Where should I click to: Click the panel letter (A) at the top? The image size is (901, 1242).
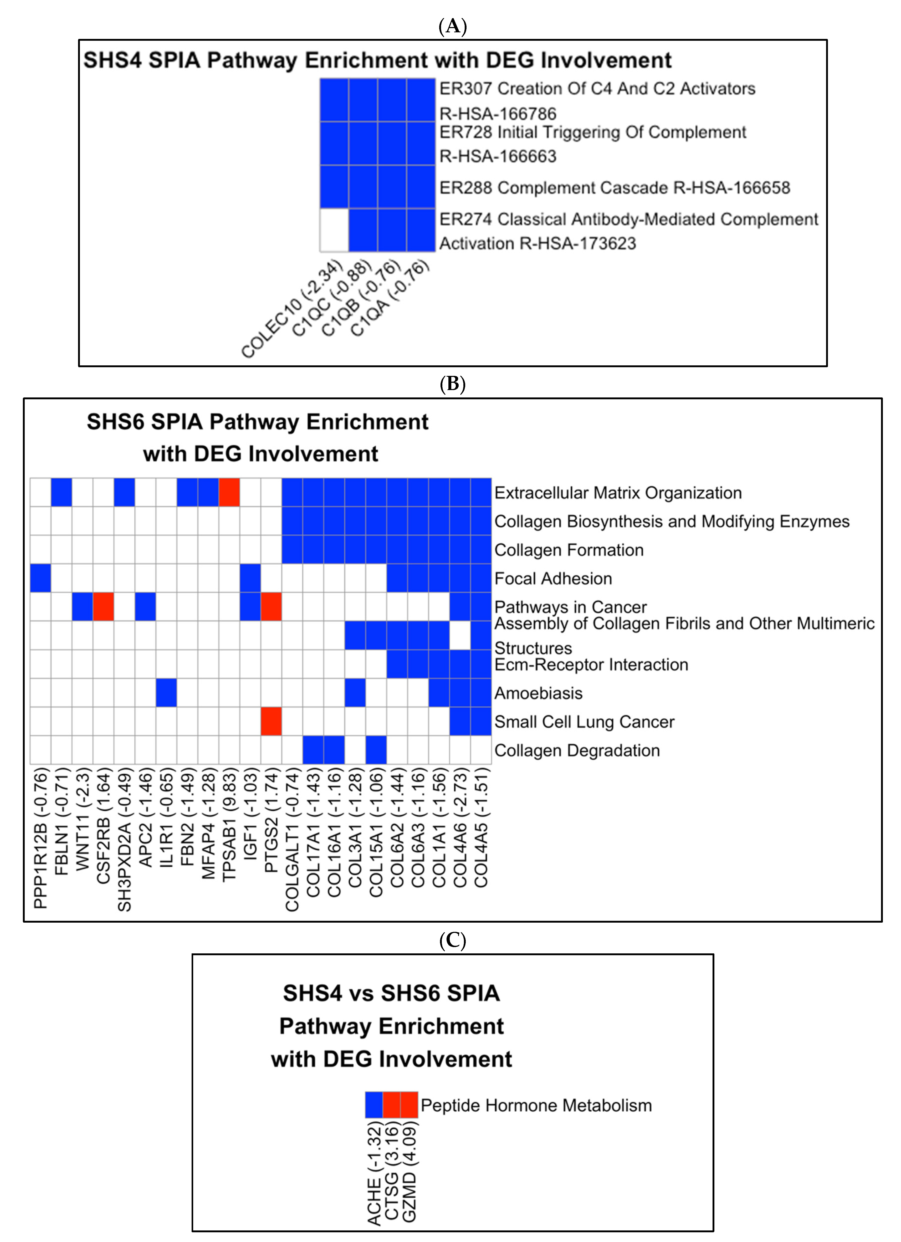(452, 26)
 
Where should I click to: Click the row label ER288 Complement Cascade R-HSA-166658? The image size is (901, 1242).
(615, 188)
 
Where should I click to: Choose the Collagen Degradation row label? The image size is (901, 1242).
(577, 750)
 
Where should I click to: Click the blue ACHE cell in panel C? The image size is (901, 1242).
(374, 1105)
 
